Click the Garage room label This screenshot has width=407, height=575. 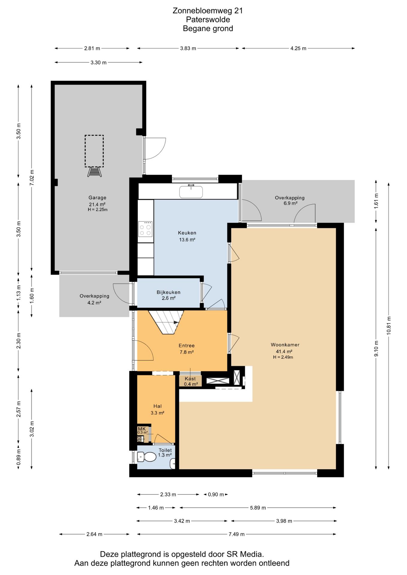[x=97, y=198]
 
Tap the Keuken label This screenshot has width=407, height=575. [x=187, y=233]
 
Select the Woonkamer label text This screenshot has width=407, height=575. [x=285, y=345]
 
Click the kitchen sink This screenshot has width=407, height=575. [x=191, y=191]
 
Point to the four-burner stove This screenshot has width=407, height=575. [x=145, y=229]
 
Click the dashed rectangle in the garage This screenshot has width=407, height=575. [x=94, y=151]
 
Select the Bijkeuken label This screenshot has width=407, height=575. [x=168, y=292]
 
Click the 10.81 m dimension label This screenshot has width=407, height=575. [x=389, y=326]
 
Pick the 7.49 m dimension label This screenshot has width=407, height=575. [x=236, y=534]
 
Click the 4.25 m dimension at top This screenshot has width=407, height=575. [x=298, y=48]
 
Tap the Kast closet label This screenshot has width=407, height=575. [x=190, y=379]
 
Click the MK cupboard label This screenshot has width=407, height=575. [x=142, y=429]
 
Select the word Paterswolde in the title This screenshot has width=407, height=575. [x=208, y=19]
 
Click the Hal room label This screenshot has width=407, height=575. [x=157, y=406]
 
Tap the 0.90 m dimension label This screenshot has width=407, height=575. [x=216, y=494]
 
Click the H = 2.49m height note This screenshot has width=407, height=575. [x=283, y=357]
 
